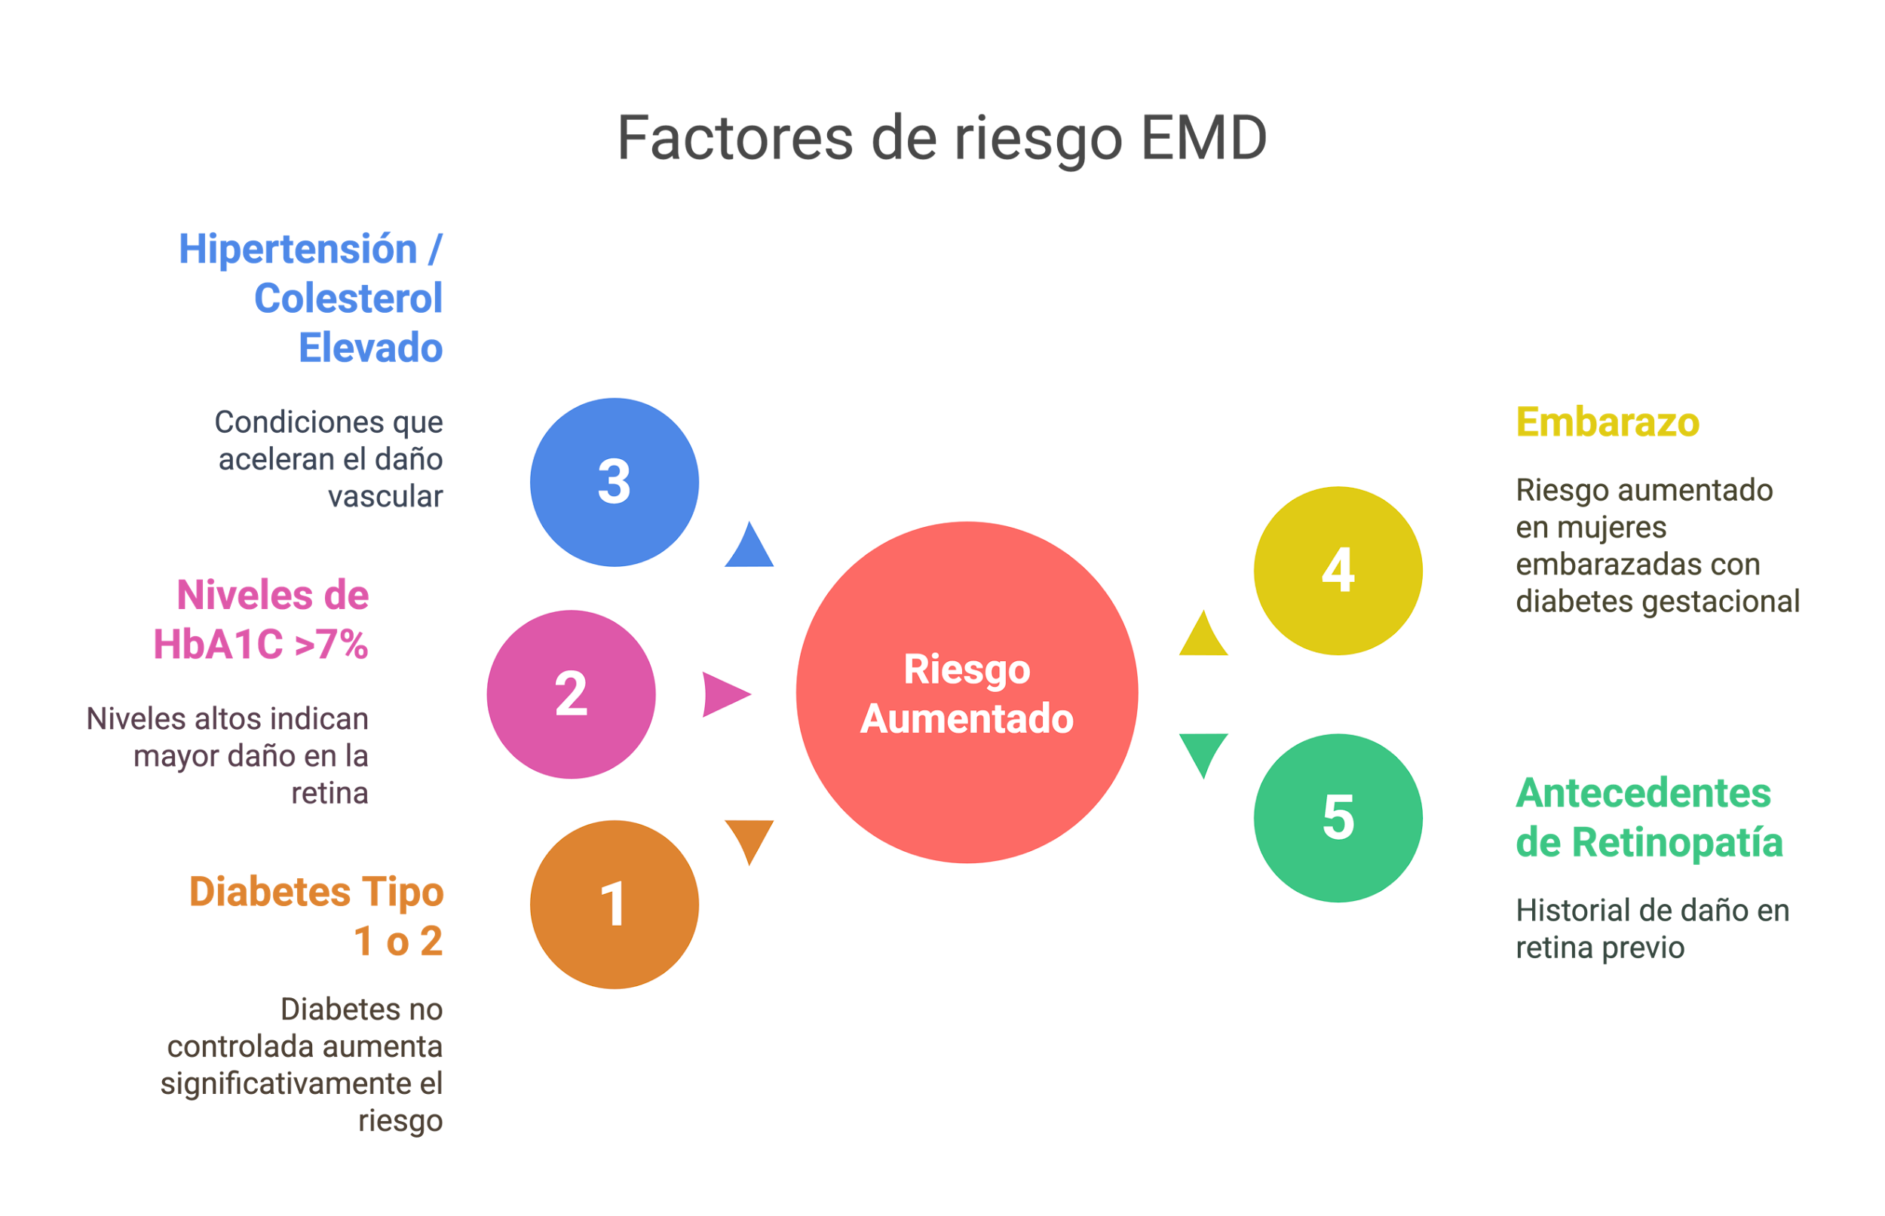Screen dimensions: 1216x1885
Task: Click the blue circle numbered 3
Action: pos(615,482)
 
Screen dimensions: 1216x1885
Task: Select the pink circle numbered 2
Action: pos(571,694)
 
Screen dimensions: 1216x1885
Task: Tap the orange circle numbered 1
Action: pos(615,904)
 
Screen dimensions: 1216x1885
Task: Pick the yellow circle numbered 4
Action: pos(1338,570)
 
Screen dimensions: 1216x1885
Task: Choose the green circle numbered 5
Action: pos(1338,817)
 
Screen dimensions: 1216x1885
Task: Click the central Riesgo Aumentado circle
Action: pos(967,693)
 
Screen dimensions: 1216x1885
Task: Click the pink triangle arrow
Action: pos(724,694)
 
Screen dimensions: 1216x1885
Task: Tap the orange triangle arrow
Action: pos(749,840)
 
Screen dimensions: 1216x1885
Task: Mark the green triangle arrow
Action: pos(1203,752)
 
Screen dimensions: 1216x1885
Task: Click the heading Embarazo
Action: pos(1607,422)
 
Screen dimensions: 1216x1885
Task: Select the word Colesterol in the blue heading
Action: pos(348,299)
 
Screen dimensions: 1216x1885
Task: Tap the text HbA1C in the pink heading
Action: pos(218,645)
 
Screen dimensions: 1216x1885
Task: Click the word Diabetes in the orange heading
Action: pos(270,893)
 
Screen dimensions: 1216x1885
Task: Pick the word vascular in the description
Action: pos(385,497)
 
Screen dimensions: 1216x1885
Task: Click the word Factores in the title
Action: pos(735,138)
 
